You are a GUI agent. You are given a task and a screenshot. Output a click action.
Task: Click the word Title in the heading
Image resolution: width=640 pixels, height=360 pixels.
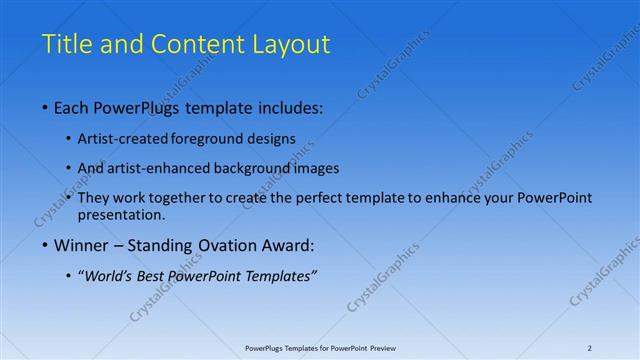(x=65, y=45)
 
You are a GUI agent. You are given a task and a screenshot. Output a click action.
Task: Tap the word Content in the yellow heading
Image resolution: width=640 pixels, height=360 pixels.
(x=196, y=45)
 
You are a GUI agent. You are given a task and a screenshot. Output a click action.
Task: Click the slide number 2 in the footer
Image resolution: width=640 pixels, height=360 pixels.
(x=589, y=348)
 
